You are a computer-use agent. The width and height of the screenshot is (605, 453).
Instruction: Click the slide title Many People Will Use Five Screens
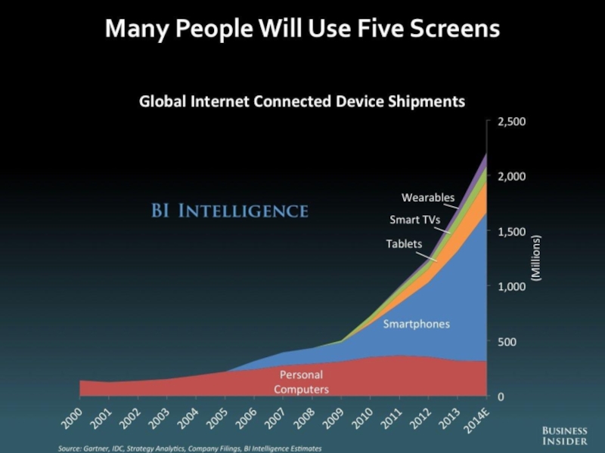[302, 29]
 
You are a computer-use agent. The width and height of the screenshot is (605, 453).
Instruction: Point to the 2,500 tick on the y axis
[511, 121]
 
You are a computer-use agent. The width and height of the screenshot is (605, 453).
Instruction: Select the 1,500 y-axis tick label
[511, 232]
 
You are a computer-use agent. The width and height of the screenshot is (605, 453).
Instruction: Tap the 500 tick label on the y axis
[507, 341]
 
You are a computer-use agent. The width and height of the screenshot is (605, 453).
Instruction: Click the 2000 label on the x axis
[71, 417]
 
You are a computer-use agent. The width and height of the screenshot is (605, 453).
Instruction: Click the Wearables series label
[428, 198]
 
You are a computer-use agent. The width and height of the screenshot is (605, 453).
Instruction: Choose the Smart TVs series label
[414, 220]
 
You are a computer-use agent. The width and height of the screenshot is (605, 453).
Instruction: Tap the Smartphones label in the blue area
[416, 324]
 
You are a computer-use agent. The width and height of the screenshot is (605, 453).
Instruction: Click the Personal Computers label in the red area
[301, 382]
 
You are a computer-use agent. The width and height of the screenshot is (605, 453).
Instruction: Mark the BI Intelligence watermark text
[228, 210]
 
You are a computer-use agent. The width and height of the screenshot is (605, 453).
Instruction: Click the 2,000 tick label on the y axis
[511, 176]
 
